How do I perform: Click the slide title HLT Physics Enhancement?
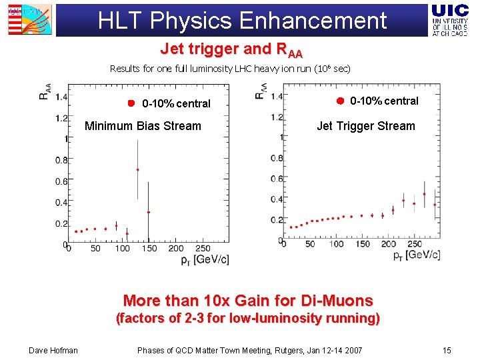pos(242,20)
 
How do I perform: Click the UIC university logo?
pos(450,19)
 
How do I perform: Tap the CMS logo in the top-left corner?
pos(25,19)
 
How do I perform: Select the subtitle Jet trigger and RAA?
pos(231,49)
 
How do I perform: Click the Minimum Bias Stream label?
pos(143,126)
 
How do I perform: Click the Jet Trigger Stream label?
pos(365,126)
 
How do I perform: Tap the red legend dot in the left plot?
pos(131,103)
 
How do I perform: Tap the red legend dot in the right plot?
pos(339,101)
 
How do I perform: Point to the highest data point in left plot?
pos(137,169)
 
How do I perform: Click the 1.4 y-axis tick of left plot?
pos(61,97)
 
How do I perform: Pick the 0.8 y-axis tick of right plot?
pos(277,158)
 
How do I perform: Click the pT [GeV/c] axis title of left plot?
pos(205,258)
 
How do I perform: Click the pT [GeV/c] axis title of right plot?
pos(416,254)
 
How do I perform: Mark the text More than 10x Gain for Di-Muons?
pos(248,301)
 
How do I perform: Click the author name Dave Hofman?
pos(53,350)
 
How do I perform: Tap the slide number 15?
pos(446,350)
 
